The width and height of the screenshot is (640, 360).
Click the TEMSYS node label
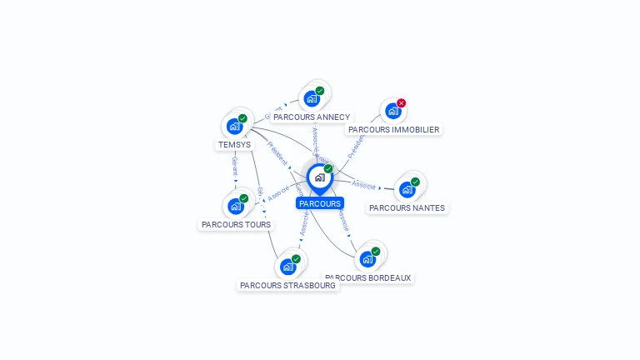tap(234, 145)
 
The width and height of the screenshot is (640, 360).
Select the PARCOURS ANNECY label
tap(312, 117)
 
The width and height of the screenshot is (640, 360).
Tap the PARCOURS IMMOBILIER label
tap(393, 130)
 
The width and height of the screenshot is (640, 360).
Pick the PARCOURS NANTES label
tap(407, 208)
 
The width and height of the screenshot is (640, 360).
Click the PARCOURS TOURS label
tap(236, 225)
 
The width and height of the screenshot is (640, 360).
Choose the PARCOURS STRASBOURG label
tap(287, 286)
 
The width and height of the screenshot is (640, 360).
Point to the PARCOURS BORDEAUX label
tap(368, 278)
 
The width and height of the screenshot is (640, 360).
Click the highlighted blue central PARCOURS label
tap(320, 203)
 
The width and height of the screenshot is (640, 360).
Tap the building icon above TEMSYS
tap(234, 127)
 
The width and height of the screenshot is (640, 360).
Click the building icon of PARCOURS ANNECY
tap(312, 98)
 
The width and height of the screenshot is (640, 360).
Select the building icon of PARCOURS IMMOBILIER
tap(392, 111)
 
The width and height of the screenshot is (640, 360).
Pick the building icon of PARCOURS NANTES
tap(407, 189)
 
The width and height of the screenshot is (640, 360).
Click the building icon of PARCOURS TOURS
tap(235, 206)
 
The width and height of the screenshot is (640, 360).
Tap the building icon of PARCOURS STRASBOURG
tap(287, 267)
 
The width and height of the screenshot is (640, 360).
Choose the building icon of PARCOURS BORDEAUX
tap(367, 259)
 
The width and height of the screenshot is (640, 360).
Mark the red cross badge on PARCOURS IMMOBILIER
tap(402, 103)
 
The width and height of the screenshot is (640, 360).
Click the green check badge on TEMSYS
tap(242, 118)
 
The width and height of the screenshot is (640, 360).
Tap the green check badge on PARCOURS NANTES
tap(415, 182)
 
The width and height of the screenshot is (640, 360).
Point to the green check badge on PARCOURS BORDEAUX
tap(376, 252)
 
